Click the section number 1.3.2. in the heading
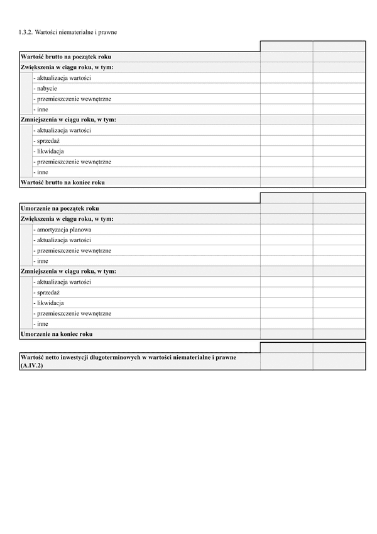(x=26, y=31)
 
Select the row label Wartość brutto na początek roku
(x=66, y=57)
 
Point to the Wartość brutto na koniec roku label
(x=62, y=182)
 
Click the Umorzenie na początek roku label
(x=60, y=208)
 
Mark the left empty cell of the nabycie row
(x=286, y=89)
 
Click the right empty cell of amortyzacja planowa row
(x=339, y=230)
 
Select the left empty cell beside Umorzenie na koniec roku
(x=286, y=334)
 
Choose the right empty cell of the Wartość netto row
(x=339, y=360)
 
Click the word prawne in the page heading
(x=106, y=31)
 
